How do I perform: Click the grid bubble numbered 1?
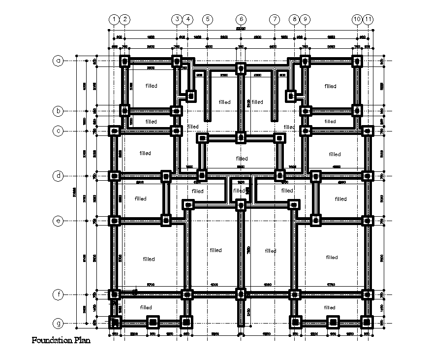pyautogui.click(x=114, y=19)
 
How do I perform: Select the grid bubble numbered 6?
pyautogui.click(x=241, y=19)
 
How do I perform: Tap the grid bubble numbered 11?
pyautogui.click(x=368, y=19)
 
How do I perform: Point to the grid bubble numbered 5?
pyautogui.click(x=208, y=19)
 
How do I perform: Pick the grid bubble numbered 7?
pyautogui.click(x=274, y=19)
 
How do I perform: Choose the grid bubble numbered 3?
pyautogui.click(x=177, y=19)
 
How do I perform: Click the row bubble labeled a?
pyautogui.click(x=59, y=61)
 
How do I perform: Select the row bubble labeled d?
pyautogui.click(x=59, y=176)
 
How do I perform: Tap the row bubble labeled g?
pyautogui.click(x=59, y=324)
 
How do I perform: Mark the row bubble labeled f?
pyautogui.click(x=59, y=295)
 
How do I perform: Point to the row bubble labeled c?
pyautogui.click(x=59, y=131)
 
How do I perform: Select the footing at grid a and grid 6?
pyautogui.click(x=241, y=68)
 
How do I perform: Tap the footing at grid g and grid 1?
pyautogui.click(x=114, y=323)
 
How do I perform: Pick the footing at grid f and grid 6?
pyautogui.click(x=241, y=295)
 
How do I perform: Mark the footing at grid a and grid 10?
pyautogui.click(x=357, y=61)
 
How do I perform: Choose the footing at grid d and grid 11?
pyautogui.click(x=367, y=176)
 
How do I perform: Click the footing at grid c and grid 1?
pyautogui.click(x=114, y=131)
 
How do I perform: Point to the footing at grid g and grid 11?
pyautogui.click(x=367, y=323)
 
